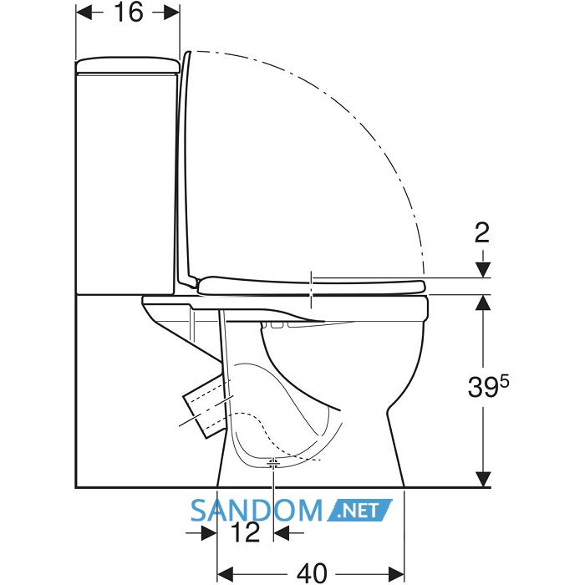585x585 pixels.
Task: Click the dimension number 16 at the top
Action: tap(129, 13)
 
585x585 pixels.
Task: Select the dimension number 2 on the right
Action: tap(482, 233)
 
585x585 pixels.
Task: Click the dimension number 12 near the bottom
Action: tap(245, 532)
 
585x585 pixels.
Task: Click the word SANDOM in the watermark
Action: tap(257, 511)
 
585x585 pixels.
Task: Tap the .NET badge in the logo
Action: tap(360, 510)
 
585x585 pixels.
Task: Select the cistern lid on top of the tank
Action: tap(129, 65)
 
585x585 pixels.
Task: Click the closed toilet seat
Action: tap(312, 286)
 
